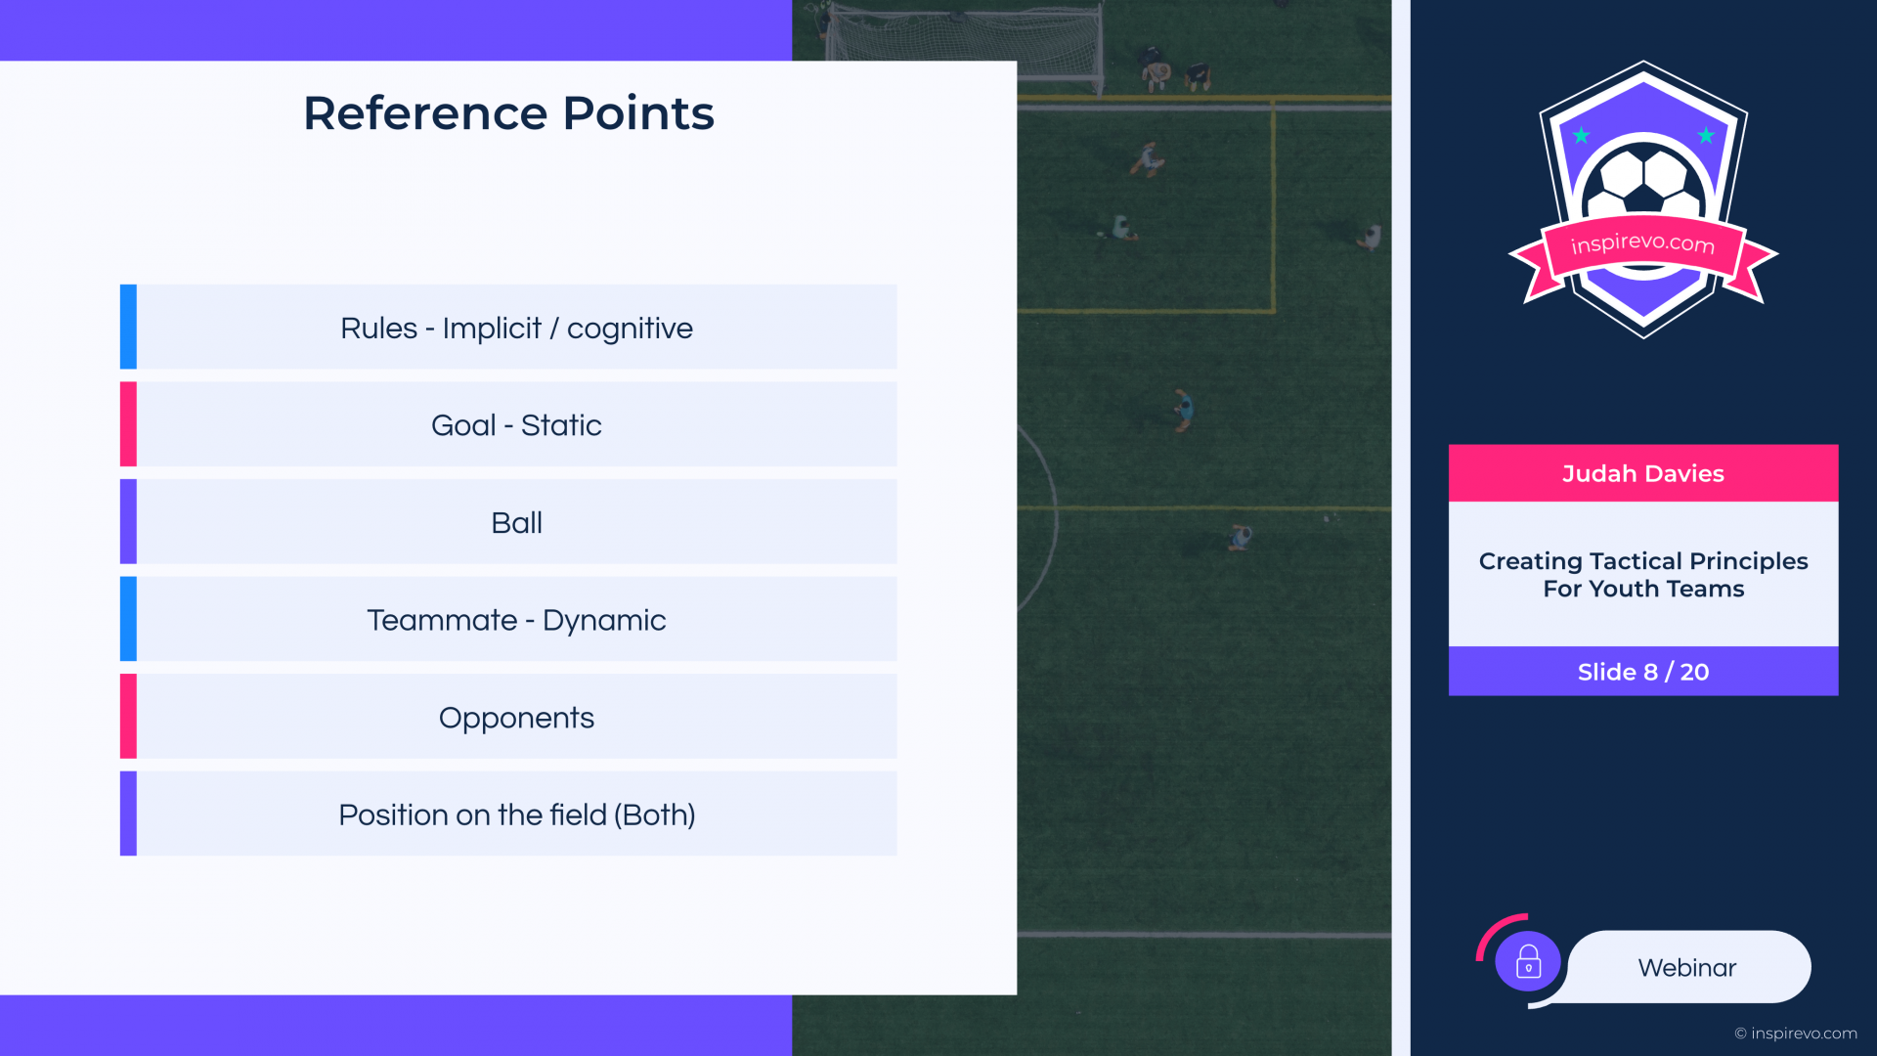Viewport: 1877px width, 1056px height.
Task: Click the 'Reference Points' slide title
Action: [x=508, y=113]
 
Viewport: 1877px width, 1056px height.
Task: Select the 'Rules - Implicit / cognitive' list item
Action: [x=516, y=329]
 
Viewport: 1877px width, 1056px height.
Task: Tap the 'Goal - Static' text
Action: [x=516, y=425]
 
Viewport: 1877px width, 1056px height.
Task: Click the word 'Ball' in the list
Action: [x=516, y=522]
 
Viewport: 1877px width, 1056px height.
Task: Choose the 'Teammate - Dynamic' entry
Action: [x=516, y=620]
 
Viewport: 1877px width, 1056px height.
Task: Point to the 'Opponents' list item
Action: [x=516, y=718]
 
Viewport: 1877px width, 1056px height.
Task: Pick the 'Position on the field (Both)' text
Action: [x=516, y=814]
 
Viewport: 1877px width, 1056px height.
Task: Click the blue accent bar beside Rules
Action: [x=128, y=327]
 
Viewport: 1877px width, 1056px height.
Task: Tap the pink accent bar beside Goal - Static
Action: [x=128, y=423]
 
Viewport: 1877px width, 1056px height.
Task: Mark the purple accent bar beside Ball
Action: [x=128, y=521]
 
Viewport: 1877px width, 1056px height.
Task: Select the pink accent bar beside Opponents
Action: [x=128, y=716]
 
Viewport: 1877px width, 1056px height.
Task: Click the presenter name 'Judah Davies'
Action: [x=1643, y=473]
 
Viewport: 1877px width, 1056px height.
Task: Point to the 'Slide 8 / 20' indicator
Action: [x=1643, y=672]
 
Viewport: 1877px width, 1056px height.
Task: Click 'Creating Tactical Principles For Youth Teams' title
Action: [x=1643, y=575]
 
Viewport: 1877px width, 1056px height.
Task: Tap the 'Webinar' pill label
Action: [x=1687, y=967]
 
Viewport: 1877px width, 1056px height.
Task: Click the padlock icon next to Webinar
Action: [x=1528, y=962]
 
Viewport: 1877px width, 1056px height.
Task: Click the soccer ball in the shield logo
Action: [x=1643, y=182]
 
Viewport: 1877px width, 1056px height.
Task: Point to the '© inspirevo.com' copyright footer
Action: [x=1796, y=1034]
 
